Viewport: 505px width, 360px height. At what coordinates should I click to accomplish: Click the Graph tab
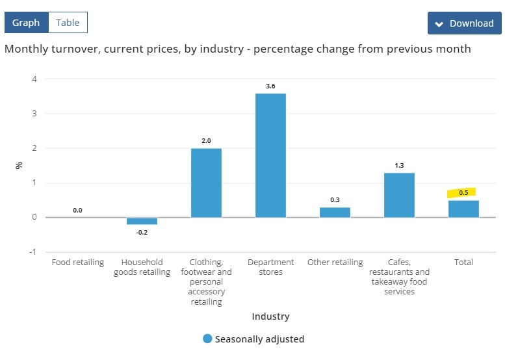(26, 23)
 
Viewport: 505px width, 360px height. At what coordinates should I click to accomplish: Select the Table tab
(68, 23)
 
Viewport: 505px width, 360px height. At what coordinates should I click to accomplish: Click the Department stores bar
(270, 155)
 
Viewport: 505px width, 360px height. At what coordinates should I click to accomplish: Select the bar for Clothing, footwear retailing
(206, 183)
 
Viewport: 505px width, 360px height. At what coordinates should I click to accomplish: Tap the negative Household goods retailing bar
(142, 221)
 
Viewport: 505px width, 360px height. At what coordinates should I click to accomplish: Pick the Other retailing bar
(335, 212)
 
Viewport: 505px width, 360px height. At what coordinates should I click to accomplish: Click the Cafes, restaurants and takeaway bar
(399, 195)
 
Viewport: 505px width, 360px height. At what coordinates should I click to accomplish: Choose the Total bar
(463, 209)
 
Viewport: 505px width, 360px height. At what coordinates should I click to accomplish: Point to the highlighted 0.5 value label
(463, 192)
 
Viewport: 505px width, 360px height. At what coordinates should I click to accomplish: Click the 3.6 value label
(270, 86)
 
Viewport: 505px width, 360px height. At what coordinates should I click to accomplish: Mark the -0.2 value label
(142, 232)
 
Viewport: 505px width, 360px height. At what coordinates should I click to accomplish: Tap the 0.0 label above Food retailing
(77, 210)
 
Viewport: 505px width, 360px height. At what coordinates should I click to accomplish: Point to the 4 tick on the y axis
(34, 79)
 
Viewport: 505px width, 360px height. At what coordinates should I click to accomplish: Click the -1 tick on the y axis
(33, 251)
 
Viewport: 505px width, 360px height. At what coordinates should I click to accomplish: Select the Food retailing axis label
(78, 263)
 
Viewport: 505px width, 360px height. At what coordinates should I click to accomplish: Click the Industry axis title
(270, 316)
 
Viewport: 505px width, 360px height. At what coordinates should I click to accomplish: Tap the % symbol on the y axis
(19, 165)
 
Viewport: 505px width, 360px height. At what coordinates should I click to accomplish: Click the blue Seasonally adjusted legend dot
(207, 339)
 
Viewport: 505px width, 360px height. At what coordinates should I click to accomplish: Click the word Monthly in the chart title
(26, 49)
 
